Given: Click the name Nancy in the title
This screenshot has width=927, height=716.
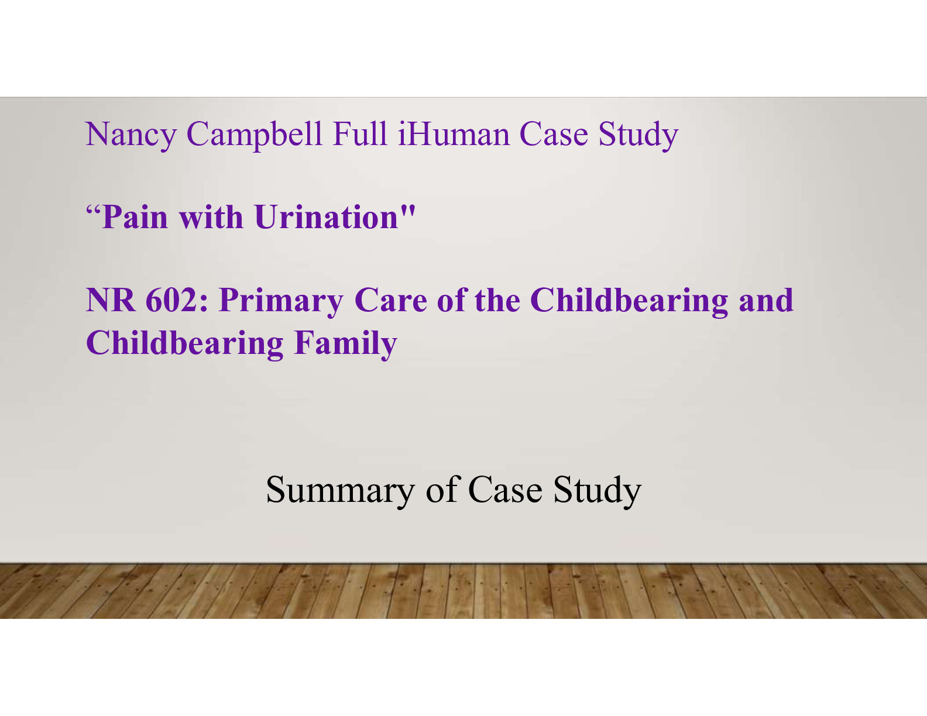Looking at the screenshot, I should (131, 135).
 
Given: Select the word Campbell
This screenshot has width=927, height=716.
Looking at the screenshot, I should (254, 135).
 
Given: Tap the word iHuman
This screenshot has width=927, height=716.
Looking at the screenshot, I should (454, 135).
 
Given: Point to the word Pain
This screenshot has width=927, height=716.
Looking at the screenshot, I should (135, 218).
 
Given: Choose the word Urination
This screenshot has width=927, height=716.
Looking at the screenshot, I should (327, 218).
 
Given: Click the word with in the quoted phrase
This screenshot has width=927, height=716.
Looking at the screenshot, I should (211, 218).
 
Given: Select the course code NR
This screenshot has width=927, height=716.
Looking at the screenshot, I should (111, 301).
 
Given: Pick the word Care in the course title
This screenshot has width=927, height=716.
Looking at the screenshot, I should (390, 301).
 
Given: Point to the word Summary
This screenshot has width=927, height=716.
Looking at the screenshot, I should (340, 490).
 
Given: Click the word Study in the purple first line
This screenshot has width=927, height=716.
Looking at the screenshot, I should (638, 135).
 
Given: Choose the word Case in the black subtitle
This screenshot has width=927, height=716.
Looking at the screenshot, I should (505, 490).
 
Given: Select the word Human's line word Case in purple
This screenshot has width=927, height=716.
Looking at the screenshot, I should (554, 135).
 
